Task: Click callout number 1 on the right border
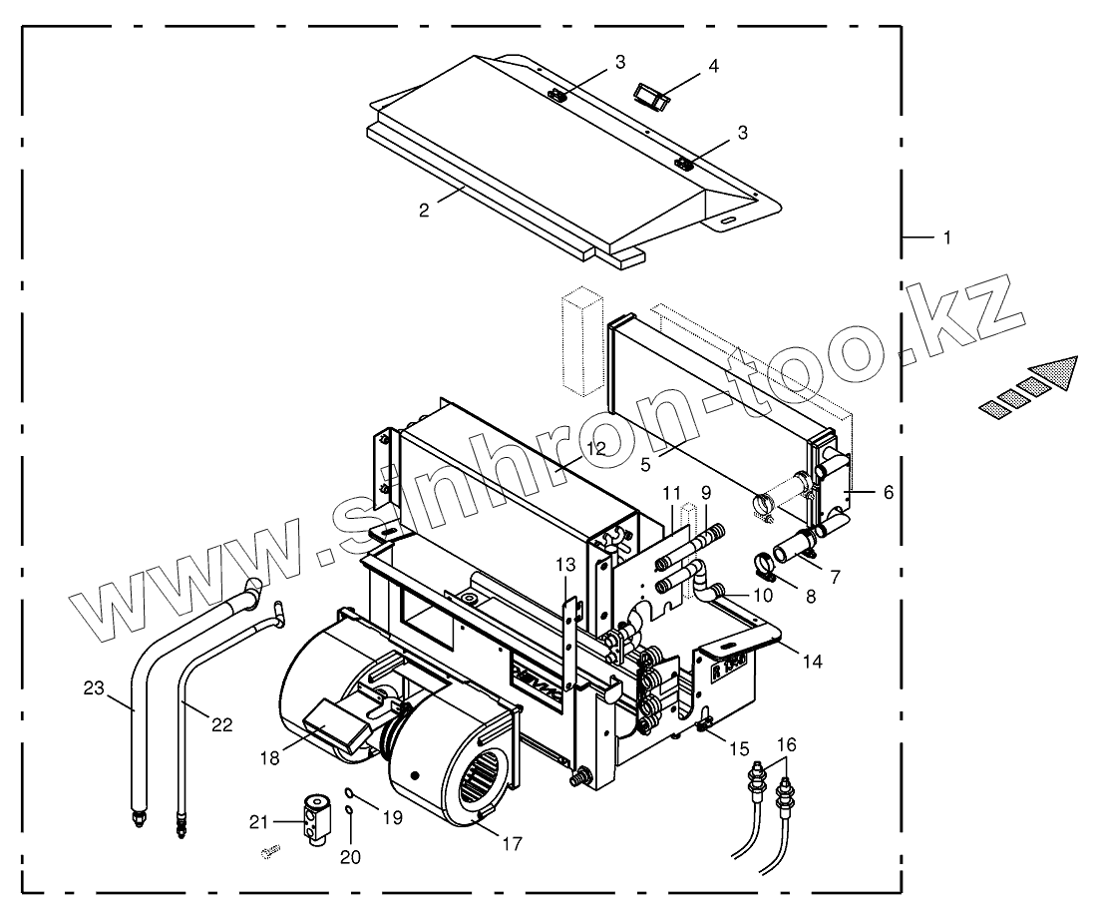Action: click(946, 237)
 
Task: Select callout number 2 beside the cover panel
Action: click(424, 211)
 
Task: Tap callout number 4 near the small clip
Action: click(713, 67)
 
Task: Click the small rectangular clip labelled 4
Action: click(651, 96)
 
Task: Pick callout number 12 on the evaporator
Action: click(595, 449)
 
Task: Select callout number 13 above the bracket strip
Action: click(565, 565)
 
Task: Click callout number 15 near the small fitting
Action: click(738, 747)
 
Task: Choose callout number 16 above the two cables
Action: click(787, 744)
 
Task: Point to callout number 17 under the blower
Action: click(512, 843)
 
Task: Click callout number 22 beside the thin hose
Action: click(221, 725)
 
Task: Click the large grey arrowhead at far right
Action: click(1059, 373)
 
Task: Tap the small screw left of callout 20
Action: click(268, 851)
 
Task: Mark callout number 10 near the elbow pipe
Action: click(762, 597)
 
